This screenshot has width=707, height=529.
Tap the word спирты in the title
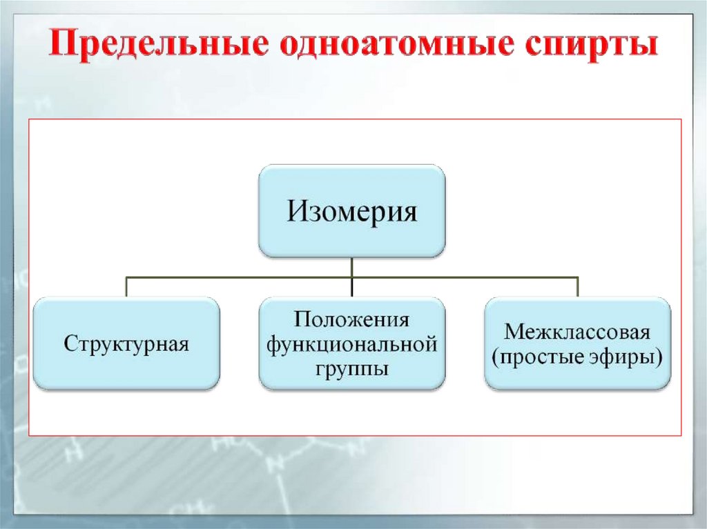point(592,46)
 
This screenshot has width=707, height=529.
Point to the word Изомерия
point(352,210)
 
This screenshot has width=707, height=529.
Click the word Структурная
point(127,343)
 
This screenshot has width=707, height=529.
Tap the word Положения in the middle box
point(352,319)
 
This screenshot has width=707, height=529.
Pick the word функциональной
point(352,343)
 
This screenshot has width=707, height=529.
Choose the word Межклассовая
point(577,332)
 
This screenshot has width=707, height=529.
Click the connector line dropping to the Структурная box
point(127,287)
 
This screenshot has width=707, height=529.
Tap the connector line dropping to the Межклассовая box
point(577,287)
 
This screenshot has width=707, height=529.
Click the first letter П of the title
point(61,46)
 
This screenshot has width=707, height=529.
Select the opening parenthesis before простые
point(494,357)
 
